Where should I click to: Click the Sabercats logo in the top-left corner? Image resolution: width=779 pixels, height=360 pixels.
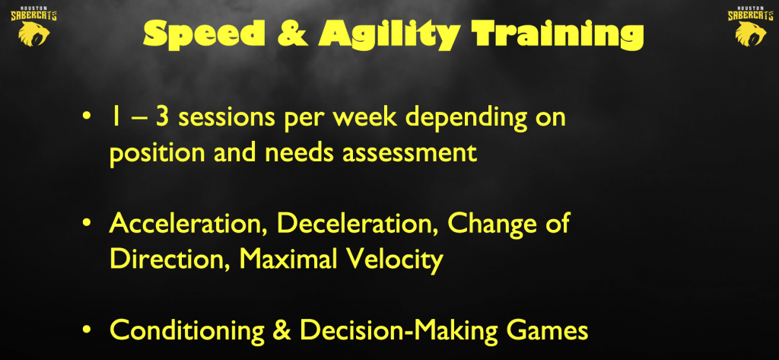[33, 26]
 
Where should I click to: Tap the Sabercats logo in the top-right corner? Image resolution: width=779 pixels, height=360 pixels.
[751, 26]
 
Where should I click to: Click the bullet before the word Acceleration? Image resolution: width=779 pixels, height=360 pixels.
[87, 224]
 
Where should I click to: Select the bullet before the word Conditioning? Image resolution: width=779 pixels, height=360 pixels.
[87, 330]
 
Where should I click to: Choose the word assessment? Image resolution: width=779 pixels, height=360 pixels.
[410, 154]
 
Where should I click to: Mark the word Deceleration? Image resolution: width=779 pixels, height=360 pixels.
[358, 224]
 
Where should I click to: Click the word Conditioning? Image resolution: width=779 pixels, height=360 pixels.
[187, 330]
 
